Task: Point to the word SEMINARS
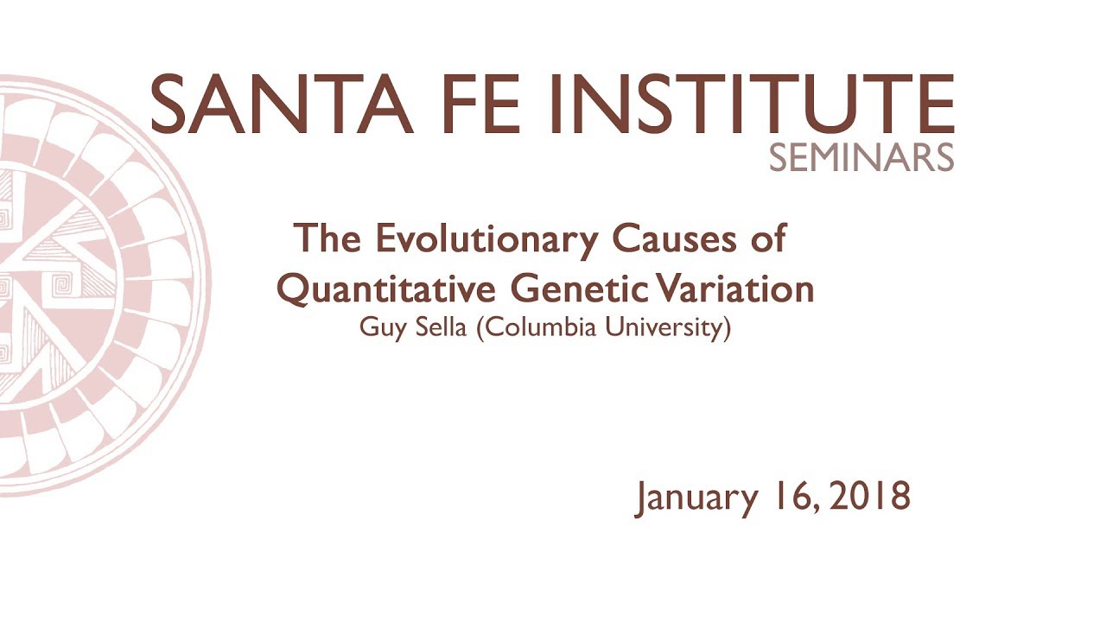pos(861,157)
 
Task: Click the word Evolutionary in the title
pos(485,238)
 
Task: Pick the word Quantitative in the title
pos(385,289)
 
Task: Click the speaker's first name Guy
pos(377,329)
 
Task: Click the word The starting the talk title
pos(327,238)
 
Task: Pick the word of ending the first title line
pos(768,238)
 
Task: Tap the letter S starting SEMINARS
pos(777,157)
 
